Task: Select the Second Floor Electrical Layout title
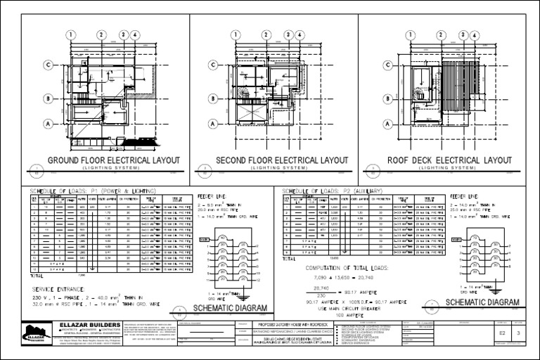click(281, 160)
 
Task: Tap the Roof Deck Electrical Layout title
click(450, 160)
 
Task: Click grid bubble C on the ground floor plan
click(49, 65)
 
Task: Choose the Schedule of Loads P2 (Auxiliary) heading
click(332, 191)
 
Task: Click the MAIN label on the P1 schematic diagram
click(204, 239)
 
